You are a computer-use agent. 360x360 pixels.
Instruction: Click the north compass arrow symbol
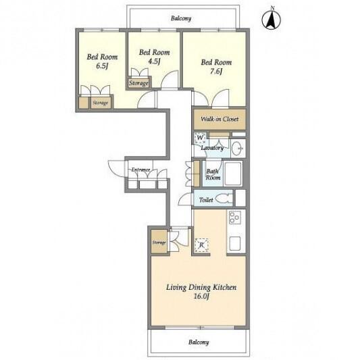tap(271, 20)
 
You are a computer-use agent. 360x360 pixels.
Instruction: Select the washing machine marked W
tap(200, 138)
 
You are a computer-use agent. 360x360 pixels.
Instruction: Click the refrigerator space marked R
tap(201, 245)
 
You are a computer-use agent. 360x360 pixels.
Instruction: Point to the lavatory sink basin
tap(236, 149)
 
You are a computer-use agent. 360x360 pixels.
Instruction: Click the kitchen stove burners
tap(234, 217)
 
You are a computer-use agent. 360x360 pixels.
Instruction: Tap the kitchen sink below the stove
tap(234, 243)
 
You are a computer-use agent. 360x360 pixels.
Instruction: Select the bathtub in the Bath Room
tap(233, 174)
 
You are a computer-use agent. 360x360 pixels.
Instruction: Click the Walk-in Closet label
tap(220, 119)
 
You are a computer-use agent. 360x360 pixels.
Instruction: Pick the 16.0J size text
tap(201, 297)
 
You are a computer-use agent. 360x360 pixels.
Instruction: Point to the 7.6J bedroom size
tap(216, 72)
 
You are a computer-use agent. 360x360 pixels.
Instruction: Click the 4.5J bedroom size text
tap(153, 61)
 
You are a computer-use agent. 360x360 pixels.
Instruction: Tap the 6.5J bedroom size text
tap(102, 66)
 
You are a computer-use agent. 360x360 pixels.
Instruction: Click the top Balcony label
tap(181, 18)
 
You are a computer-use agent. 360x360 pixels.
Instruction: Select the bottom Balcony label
tap(199, 342)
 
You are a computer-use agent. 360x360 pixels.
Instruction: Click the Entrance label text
tap(140, 170)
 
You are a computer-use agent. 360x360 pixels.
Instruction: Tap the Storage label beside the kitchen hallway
tap(159, 242)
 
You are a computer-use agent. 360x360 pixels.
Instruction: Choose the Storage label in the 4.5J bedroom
tap(138, 83)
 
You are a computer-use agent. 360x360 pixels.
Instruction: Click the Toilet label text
tap(206, 200)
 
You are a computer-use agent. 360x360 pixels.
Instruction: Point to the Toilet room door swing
tap(185, 199)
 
